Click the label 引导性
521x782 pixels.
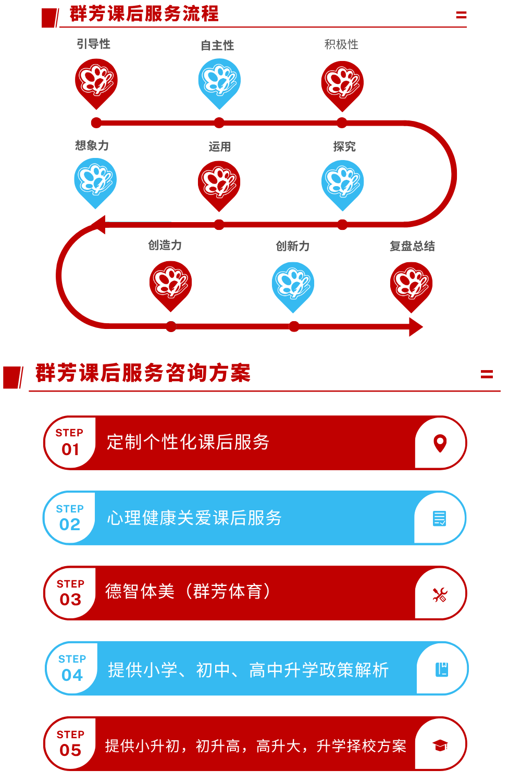click(x=94, y=44)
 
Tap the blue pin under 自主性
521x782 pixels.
click(x=219, y=83)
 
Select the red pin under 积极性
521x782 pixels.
click(x=342, y=85)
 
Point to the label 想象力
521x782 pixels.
click(x=92, y=145)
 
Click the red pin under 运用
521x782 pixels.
click(x=219, y=186)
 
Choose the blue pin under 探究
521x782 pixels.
click(x=342, y=185)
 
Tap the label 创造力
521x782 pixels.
click(x=165, y=245)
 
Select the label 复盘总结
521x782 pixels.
click(x=412, y=246)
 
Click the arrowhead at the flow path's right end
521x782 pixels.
click(x=416, y=327)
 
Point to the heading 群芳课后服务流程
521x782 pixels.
click(x=144, y=14)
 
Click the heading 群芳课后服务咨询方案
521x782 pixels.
click(x=143, y=373)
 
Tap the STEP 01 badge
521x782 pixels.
click(x=70, y=443)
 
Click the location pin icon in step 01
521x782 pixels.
click(x=440, y=443)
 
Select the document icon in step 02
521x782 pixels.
click(x=439, y=518)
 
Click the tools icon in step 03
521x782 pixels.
click(x=440, y=595)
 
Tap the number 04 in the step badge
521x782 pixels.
click(x=72, y=675)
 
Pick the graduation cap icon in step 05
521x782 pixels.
click(x=440, y=746)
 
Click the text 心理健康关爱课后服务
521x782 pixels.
click(x=194, y=518)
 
